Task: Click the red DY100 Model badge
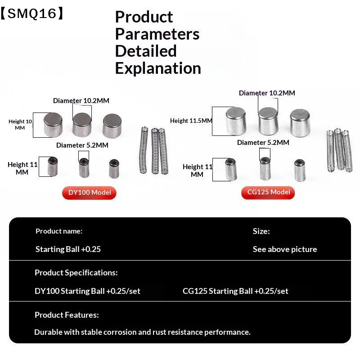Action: (x=89, y=193)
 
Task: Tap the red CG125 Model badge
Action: (x=268, y=193)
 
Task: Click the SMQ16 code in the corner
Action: (x=32, y=13)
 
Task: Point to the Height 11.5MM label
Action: (x=191, y=121)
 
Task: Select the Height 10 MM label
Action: (x=20, y=125)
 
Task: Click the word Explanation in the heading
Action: (x=158, y=68)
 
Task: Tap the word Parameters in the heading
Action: (x=157, y=35)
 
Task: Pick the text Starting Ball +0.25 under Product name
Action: (x=68, y=249)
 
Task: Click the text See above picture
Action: (x=285, y=249)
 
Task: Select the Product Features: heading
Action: (x=67, y=315)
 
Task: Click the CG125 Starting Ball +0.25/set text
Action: (x=235, y=291)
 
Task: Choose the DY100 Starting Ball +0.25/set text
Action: (x=87, y=291)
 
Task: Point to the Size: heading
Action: (x=261, y=231)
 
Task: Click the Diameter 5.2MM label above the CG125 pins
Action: (x=263, y=143)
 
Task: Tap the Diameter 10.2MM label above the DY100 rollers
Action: (x=81, y=100)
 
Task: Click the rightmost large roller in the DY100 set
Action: (x=112, y=126)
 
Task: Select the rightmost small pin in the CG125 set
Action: (x=300, y=170)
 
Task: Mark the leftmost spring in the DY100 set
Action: (x=144, y=150)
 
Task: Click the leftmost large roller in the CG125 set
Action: (x=236, y=121)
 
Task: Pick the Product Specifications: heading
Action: (x=76, y=273)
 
